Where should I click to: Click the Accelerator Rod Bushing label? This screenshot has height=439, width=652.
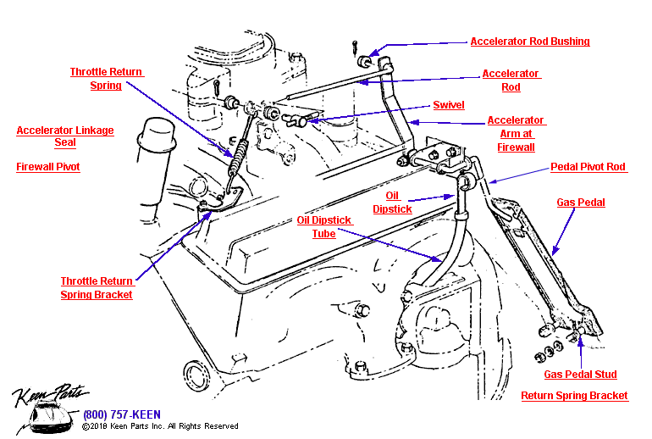[530, 42]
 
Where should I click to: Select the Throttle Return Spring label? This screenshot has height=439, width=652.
[107, 79]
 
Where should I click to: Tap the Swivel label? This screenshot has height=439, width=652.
[448, 105]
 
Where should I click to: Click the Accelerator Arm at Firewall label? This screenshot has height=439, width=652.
[516, 134]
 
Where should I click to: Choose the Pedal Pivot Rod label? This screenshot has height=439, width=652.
[588, 168]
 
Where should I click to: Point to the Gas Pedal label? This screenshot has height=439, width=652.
[580, 203]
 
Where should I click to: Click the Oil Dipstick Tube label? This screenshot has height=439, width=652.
[323, 227]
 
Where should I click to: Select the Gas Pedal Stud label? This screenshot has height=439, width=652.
[580, 375]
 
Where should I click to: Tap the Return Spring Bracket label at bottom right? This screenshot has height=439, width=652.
[574, 396]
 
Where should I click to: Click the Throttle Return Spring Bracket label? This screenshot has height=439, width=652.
[97, 288]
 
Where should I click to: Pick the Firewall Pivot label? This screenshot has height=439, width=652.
[48, 168]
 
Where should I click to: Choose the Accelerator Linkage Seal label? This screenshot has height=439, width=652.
[65, 137]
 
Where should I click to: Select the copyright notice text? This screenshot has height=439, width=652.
[160, 426]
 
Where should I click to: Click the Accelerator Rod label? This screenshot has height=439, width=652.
[511, 81]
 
